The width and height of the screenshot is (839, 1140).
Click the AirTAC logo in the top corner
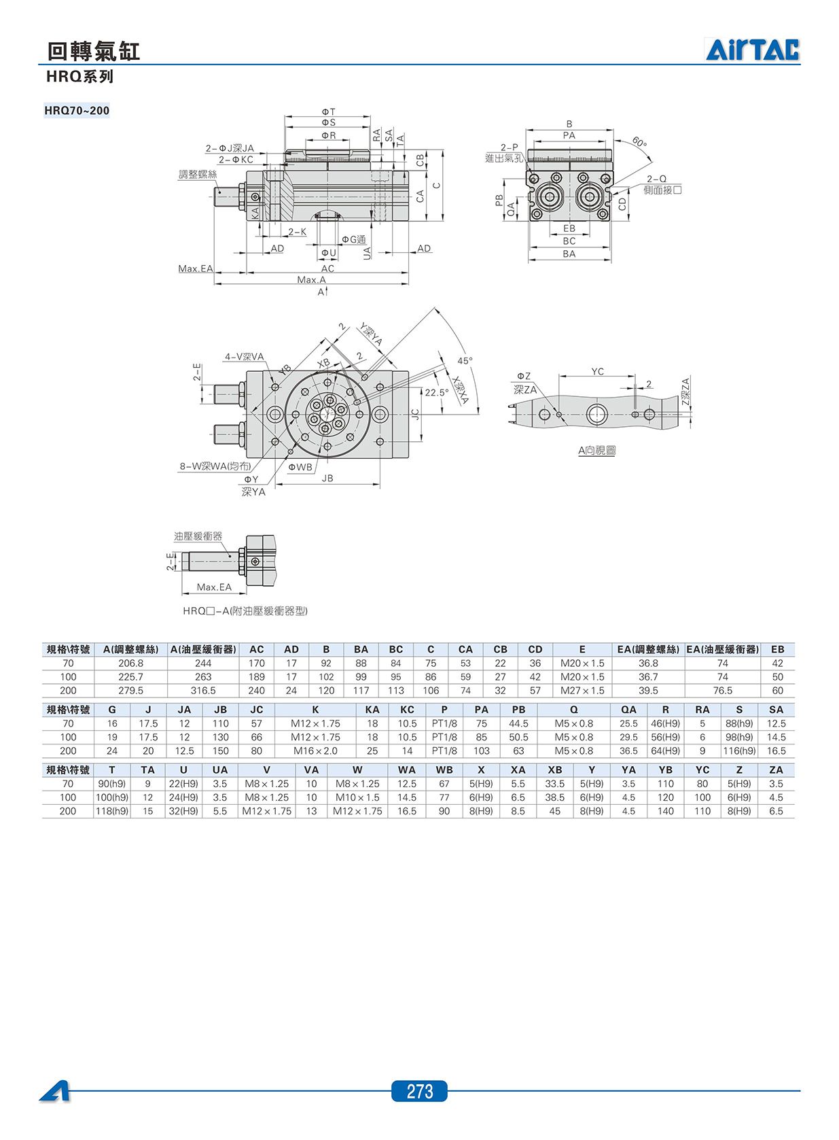point(752,50)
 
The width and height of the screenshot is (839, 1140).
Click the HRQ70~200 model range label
point(77,110)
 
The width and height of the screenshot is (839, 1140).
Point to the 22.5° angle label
point(437,392)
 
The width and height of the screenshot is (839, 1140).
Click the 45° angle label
point(465,360)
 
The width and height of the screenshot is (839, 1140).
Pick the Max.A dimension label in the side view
point(311,279)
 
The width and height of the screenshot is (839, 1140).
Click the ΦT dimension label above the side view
point(328,111)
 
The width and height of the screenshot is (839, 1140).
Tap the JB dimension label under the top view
point(327,479)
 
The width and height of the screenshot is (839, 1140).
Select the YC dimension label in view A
point(597,372)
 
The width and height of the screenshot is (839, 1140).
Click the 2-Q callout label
point(656,179)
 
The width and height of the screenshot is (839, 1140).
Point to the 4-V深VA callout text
point(245,357)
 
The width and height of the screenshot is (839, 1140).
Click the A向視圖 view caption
point(597,451)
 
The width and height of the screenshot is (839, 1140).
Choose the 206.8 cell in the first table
point(130,663)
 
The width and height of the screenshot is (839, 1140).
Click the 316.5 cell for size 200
point(203,691)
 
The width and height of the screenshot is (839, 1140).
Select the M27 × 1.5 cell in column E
point(582,691)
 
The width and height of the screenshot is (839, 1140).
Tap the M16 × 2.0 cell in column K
point(315,750)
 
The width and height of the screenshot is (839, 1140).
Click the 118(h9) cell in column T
point(112,811)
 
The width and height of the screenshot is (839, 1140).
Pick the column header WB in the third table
point(444,770)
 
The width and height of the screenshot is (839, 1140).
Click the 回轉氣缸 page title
point(93,52)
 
